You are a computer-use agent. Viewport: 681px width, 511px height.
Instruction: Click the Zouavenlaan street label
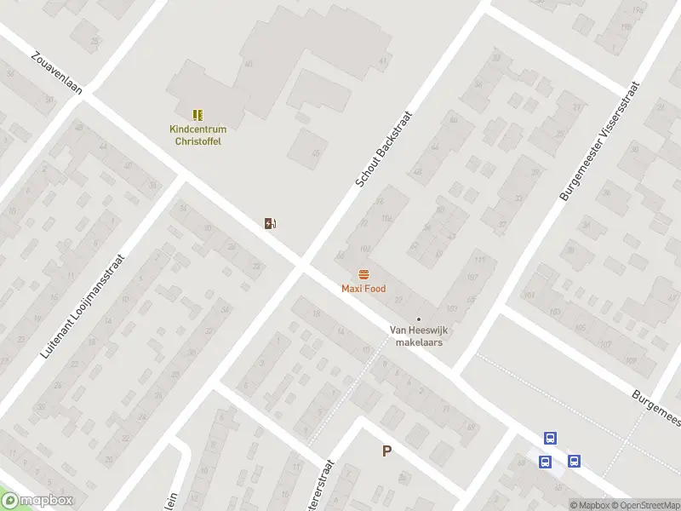57,75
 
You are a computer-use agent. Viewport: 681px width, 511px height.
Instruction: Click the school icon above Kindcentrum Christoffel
197,114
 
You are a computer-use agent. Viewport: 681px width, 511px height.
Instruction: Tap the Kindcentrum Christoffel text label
195,135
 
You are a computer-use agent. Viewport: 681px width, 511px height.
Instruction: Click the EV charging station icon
270,224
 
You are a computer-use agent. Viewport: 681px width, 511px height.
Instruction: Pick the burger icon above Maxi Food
363,274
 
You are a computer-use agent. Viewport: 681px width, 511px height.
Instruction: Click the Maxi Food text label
363,289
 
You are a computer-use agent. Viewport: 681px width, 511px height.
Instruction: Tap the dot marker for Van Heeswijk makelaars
418,319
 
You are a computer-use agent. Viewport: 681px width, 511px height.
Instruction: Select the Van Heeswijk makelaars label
418,336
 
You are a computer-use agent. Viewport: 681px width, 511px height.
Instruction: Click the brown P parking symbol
386,451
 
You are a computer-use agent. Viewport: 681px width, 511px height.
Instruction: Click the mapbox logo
37,501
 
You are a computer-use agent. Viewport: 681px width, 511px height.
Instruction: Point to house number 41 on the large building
383,61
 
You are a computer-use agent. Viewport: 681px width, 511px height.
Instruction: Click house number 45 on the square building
316,153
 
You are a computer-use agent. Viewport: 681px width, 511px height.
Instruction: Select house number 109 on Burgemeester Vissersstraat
631,361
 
